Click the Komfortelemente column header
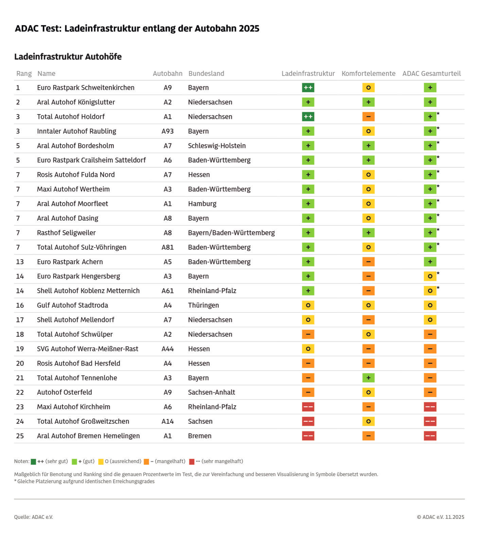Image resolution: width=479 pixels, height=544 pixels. coord(368,73)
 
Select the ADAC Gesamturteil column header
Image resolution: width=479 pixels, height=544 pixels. coord(431,73)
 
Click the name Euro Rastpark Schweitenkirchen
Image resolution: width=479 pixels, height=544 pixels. coord(86,88)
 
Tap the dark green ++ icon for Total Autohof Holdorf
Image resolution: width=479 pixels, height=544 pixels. coord(308,117)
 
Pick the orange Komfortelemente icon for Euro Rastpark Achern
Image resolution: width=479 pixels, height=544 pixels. coord(368,262)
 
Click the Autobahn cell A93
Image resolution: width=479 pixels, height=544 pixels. coord(167,131)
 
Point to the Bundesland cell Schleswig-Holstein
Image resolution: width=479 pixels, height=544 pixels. coord(217,146)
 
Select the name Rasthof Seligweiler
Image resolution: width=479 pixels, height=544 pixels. coord(66,233)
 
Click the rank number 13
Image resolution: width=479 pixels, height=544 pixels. coord(20,262)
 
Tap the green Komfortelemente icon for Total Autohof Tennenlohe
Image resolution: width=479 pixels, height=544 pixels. coord(368,378)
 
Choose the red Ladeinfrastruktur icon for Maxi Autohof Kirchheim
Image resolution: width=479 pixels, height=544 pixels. coord(308,407)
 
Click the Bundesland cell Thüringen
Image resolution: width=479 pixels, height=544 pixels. coord(203,305)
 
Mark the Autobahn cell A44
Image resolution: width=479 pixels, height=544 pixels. coord(167,349)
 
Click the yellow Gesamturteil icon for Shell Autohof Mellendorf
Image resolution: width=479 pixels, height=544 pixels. coord(430,320)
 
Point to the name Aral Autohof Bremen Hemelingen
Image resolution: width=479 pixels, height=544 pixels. coord(88,436)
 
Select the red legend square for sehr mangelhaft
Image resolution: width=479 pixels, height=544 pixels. coord(192,462)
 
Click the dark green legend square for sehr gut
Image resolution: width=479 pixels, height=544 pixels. coord(33,462)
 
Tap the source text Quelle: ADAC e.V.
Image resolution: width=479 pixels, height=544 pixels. coord(33,517)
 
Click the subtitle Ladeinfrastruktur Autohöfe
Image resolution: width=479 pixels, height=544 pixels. coord(68,56)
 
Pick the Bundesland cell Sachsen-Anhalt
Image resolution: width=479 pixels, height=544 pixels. coord(211,392)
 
